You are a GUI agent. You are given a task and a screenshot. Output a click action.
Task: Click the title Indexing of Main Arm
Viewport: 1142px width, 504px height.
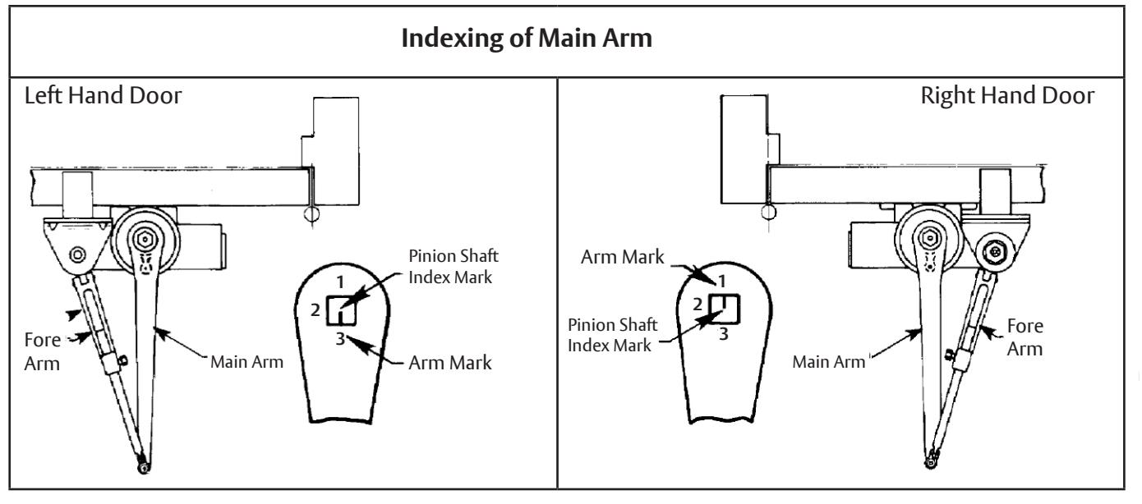(527, 39)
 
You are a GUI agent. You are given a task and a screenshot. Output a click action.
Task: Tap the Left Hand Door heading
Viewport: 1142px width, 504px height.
(103, 96)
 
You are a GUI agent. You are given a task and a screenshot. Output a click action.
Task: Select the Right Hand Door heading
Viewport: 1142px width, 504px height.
(1007, 96)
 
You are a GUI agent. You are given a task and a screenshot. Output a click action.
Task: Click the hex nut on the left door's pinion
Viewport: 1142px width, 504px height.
(145, 239)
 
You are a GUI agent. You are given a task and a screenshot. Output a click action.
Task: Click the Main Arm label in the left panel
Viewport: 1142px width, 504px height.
(246, 362)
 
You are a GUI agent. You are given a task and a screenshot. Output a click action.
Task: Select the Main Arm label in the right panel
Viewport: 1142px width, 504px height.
(828, 362)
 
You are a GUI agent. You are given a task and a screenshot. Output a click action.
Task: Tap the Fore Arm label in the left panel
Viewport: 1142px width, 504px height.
(43, 351)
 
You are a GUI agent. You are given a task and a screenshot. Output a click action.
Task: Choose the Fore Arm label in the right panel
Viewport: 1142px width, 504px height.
(1025, 337)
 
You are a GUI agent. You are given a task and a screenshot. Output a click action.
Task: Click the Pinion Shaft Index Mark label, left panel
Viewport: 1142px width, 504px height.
(454, 267)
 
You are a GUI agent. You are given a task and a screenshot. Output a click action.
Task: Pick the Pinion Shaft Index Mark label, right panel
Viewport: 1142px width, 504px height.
(612, 335)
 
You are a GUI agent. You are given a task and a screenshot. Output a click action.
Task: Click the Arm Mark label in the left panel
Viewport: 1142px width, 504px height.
(450, 363)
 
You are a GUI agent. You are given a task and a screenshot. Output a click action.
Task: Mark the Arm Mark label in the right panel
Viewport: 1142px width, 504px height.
(623, 257)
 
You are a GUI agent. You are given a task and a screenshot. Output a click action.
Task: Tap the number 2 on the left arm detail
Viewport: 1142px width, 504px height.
(315, 309)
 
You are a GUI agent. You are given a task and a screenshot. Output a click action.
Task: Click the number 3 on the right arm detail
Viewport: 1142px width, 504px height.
(724, 334)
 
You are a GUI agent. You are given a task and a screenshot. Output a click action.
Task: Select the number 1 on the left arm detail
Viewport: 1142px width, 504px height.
(341, 282)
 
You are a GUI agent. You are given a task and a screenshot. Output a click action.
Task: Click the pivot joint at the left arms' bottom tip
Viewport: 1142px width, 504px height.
(144, 467)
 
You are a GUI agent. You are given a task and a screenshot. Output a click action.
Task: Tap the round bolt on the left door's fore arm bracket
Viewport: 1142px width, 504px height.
(77, 254)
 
